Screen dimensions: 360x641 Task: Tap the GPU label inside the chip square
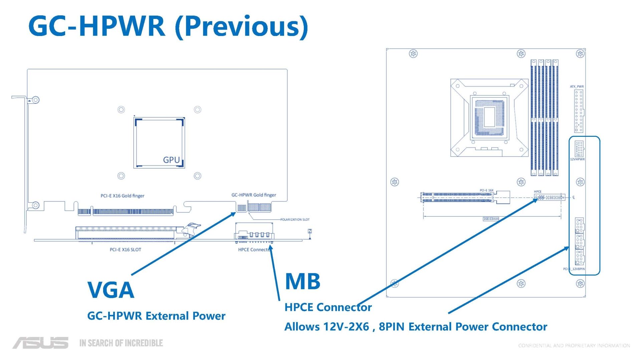tap(171, 160)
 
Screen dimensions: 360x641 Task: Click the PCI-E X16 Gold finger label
tap(123, 196)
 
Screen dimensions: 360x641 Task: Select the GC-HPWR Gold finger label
tap(254, 195)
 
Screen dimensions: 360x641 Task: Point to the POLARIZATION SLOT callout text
tap(295, 220)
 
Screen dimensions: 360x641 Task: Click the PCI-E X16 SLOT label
tap(126, 250)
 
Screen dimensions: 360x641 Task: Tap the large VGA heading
tap(111, 290)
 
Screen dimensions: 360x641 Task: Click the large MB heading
tap(303, 281)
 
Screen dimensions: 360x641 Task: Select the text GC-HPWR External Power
tap(156, 316)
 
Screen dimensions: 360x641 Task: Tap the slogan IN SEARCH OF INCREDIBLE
tap(121, 343)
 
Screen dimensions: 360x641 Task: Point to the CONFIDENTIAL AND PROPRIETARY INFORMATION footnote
tap(574, 346)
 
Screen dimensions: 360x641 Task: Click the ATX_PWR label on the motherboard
tap(577, 86)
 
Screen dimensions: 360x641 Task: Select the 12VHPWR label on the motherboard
tap(577, 159)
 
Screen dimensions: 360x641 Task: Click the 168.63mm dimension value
tap(491, 219)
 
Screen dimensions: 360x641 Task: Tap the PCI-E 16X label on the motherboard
tap(486, 190)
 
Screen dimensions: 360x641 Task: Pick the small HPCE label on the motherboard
tap(538, 192)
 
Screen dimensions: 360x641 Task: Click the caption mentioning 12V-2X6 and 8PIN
tap(416, 327)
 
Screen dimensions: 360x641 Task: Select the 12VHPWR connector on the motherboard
tap(579, 149)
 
